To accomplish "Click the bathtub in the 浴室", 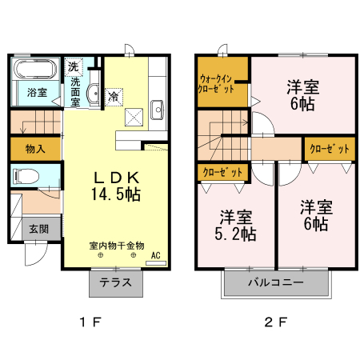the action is [35, 69].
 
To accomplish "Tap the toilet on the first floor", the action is [26, 176].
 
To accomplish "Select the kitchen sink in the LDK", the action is [157, 110].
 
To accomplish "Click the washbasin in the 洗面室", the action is [93, 93].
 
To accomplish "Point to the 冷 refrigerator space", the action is [114, 97].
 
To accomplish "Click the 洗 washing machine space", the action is [74, 66].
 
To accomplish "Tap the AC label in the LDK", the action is [156, 255].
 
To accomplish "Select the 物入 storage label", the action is [35, 149].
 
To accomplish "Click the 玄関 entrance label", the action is [39, 229].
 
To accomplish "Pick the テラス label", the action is [116, 282].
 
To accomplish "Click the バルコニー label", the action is [276, 282].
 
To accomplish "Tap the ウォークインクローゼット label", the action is [216, 84].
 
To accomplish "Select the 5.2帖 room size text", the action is [236, 234].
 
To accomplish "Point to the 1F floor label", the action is [90, 322].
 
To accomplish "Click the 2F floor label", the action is [276, 322].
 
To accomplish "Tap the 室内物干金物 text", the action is [117, 246].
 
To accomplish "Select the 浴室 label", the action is [37, 93].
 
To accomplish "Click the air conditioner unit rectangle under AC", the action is [156, 263].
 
